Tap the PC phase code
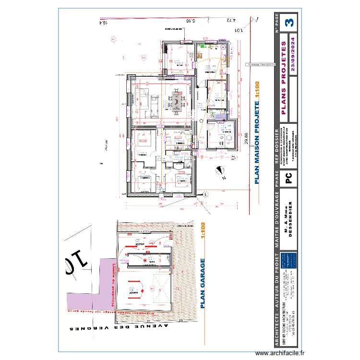(289, 179)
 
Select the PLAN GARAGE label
(202, 283)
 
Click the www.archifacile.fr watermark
(280, 353)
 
